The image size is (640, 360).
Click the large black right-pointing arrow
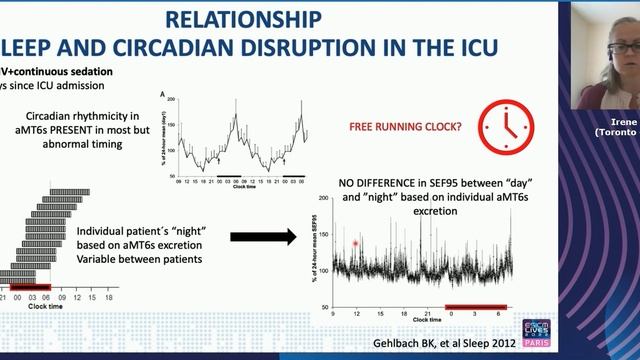pyautogui.click(x=262, y=236)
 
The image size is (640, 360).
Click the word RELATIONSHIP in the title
pyautogui.click(x=244, y=20)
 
